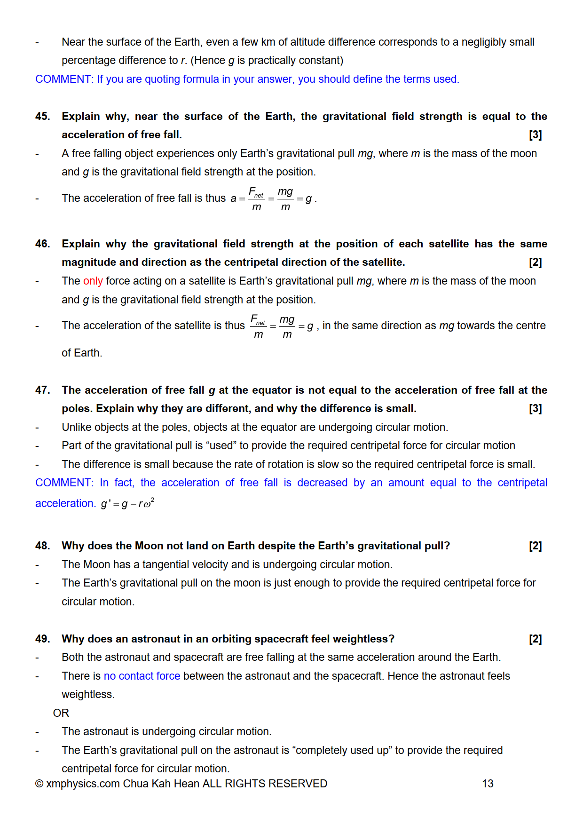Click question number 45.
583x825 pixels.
(42, 116)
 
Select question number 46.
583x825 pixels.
(42, 244)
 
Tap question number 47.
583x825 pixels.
(42, 390)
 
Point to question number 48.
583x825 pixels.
(42, 546)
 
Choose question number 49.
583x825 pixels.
(42, 639)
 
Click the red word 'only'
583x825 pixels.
(93, 281)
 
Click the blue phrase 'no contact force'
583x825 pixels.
(142, 676)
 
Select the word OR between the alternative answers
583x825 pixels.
(61, 713)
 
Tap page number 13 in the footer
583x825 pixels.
(488, 784)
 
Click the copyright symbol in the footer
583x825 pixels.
(39, 784)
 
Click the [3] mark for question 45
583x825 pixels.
(535, 135)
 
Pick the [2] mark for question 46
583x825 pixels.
(535, 262)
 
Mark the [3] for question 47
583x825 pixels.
(535, 409)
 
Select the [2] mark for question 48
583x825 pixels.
(535, 546)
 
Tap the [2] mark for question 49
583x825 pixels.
(535, 639)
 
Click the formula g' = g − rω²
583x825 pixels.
(127, 504)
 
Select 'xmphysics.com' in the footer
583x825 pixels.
(83, 784)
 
